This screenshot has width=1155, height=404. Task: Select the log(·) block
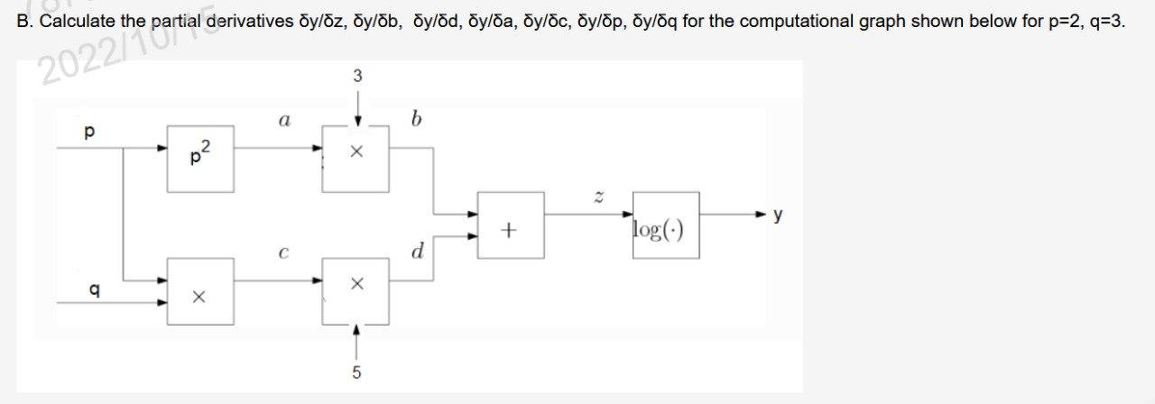click(x=666, y=225)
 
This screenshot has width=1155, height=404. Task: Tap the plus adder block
click(x=510, y=225)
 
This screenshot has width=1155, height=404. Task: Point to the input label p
click(x=88, y=133)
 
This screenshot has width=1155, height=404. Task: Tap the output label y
click(x=779, y=215)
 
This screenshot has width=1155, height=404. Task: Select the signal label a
click(x=284, y=119)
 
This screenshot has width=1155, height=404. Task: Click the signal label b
click(x=415, y=119)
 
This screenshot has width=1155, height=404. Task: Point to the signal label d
click(x=417, y=252)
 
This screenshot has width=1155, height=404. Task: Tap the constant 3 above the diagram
click(x=357, y=77)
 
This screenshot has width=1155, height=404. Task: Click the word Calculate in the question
click(x=74, y=21)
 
